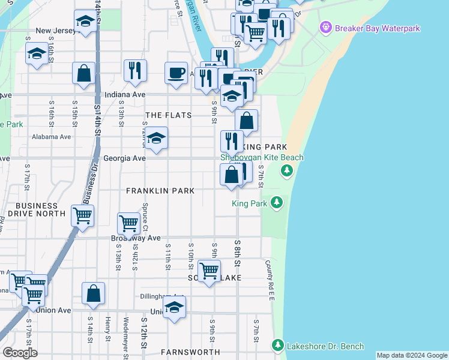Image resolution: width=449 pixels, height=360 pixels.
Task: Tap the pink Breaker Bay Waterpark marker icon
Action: (x=325, y=27)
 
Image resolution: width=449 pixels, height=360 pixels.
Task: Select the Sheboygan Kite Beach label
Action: (x=262, y=158)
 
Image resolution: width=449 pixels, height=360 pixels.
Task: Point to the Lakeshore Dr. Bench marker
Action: (x=277, y=345)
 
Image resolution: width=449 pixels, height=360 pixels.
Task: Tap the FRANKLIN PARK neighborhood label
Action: (x=160, y=191)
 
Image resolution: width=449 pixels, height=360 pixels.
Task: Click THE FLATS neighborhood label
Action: (x=169, y=115)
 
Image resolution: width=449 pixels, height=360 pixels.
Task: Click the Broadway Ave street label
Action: (x=136, y=238)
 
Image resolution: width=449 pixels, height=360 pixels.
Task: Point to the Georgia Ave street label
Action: (x=124, y=158)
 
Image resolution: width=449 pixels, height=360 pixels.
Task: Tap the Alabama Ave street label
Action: (x=52, y=137)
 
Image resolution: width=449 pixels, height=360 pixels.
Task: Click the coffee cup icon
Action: (x=176, y=73)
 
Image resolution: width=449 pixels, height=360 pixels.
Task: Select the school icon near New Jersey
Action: (x=86, y=22)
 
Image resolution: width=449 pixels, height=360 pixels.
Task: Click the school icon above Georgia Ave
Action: (x=157, y=139)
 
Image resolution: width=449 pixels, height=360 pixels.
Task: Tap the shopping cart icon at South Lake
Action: (x=209, y=271)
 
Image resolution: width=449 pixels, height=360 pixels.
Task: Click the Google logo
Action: (x=20, y=353)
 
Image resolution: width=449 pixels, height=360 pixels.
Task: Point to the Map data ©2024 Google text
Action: (x=411, y=355)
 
